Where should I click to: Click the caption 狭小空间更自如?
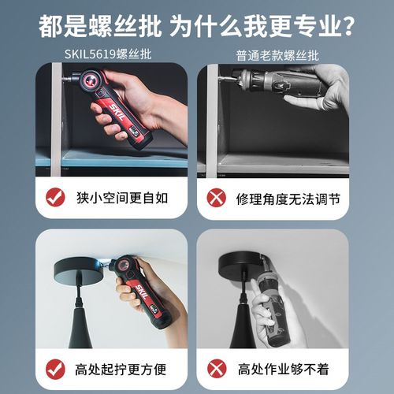[123, 197]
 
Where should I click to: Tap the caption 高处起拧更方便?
[123, 366]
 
